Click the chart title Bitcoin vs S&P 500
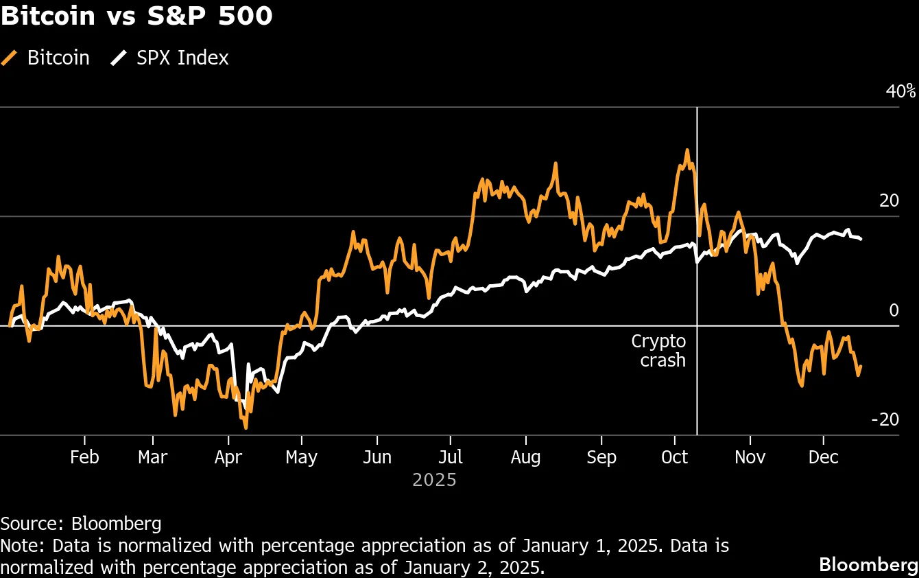pos(136,16)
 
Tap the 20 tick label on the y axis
pos(889,201)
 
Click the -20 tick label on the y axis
pos(884,419)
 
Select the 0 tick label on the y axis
pos(893,310)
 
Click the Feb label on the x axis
pos(84,457)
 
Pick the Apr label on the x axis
pos(228,457)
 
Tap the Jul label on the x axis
pos(451,457)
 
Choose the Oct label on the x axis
pos(675,457)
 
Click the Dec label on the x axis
pos(823,457)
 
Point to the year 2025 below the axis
pos(434,479)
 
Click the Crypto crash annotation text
pos(658,350)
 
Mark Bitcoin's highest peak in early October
pos(687,150)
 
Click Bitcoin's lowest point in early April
pos(246,428)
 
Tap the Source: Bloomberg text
pos(81,524)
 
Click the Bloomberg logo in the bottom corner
pos(868,564)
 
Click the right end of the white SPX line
pos(861,239)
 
